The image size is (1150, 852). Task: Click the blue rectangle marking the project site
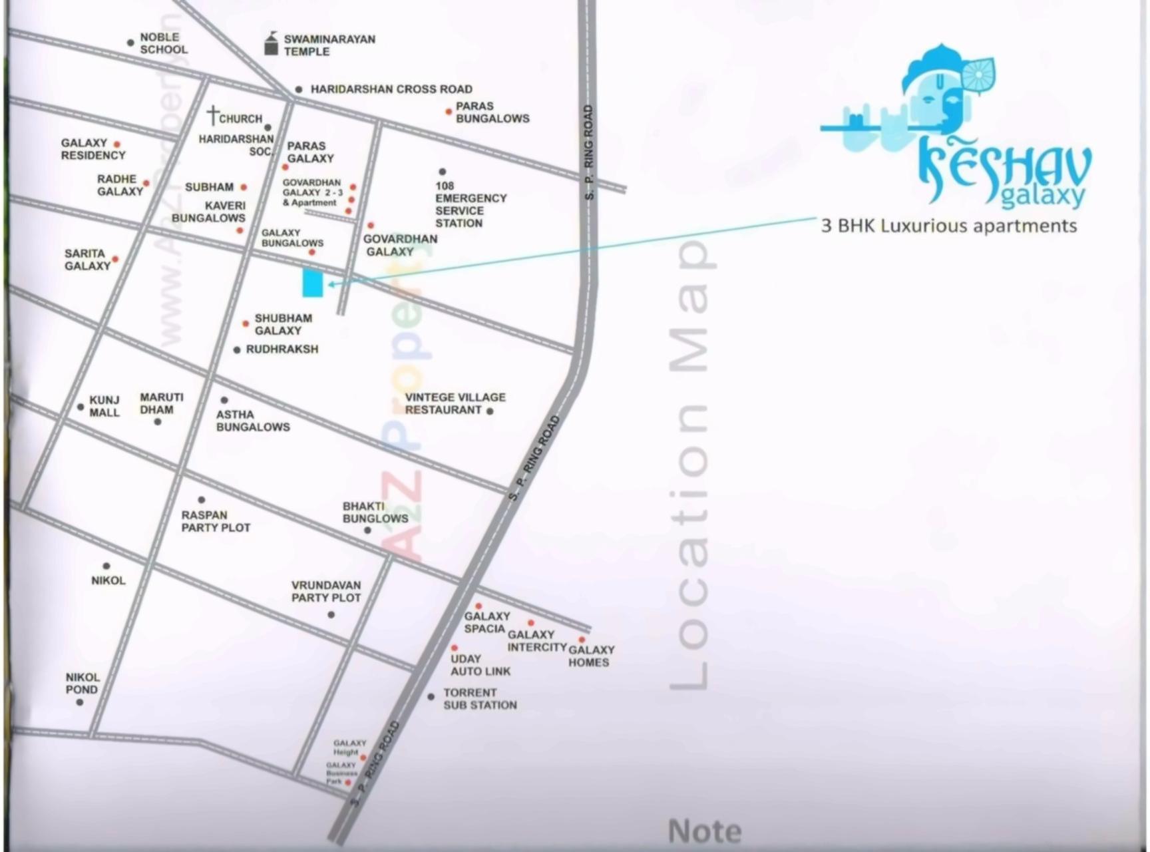[312, 282]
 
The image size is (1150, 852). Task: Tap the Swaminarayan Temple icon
[271, 44]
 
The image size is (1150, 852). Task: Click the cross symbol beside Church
[212, 115]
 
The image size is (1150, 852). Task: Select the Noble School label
[163, 43]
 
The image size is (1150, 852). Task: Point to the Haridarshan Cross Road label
[391, 89]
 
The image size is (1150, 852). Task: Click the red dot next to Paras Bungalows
[449, 112]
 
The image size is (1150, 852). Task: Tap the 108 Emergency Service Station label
[470, 204]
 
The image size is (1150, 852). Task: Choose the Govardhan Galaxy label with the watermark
[399, 245]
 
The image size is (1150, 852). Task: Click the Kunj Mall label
[104, 406]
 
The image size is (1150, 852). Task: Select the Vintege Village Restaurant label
[455, 403]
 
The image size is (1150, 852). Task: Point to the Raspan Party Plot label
[215, 521]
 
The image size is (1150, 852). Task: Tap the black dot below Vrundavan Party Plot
[331, 614]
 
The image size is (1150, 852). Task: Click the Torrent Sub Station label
[479, 699]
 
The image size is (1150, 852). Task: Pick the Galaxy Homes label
[591, 656]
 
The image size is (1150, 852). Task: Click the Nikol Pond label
[83, 684]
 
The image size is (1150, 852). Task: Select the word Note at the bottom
[704, 831]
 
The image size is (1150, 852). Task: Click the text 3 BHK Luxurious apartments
[948, 226]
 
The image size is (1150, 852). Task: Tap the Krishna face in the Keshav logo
[945, 103]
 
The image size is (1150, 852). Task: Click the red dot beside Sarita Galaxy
[115, 260]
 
